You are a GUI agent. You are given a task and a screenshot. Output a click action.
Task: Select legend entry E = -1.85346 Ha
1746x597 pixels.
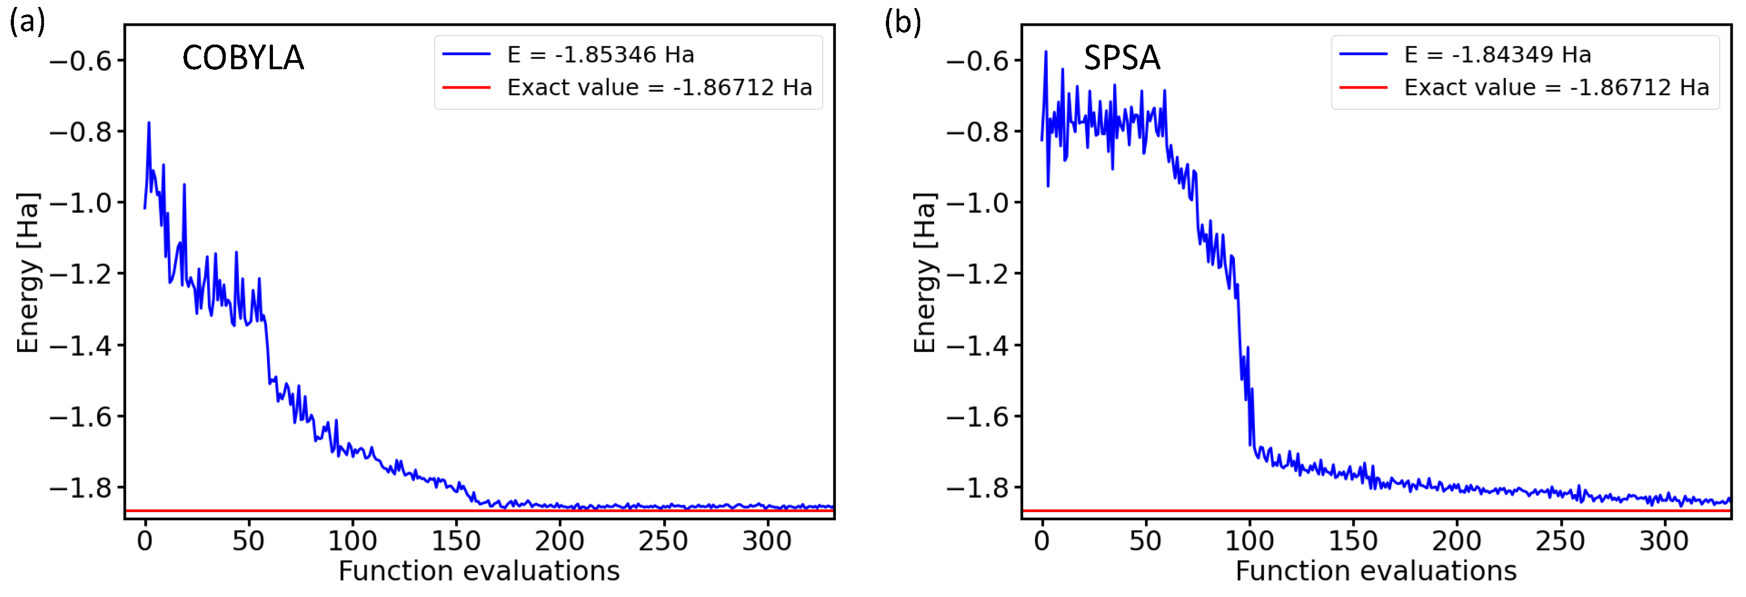tap(601, 54)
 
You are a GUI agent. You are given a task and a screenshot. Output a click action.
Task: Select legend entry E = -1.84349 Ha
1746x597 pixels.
tap(1497, 54)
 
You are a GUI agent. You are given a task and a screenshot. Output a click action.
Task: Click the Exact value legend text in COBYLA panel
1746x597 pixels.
tap(660, 88)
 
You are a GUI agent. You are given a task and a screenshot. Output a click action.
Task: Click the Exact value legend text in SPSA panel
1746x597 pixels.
tap(1556, 88)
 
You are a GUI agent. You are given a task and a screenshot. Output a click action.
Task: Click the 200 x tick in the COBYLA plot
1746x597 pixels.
tap(559, 541)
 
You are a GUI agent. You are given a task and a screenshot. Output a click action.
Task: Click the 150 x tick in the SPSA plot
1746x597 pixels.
tap(1353, 541)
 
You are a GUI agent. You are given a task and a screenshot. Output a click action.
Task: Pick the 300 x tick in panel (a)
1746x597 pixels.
tap(767, 541)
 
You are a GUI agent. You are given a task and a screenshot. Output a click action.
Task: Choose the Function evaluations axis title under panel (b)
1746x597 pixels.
tap(1376, 571)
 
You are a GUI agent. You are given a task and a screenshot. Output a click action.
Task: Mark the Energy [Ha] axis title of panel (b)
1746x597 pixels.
tap(924, 273)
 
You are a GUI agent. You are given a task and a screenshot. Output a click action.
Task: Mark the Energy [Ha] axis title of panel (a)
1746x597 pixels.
tap(28, 273)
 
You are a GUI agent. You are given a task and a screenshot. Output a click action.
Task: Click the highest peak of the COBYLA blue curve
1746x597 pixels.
tap(149, 123)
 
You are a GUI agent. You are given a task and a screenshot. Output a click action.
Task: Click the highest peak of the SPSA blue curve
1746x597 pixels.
tap(1046, 52)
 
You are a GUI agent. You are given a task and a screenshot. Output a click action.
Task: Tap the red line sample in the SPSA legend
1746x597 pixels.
tap(1363, 88)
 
